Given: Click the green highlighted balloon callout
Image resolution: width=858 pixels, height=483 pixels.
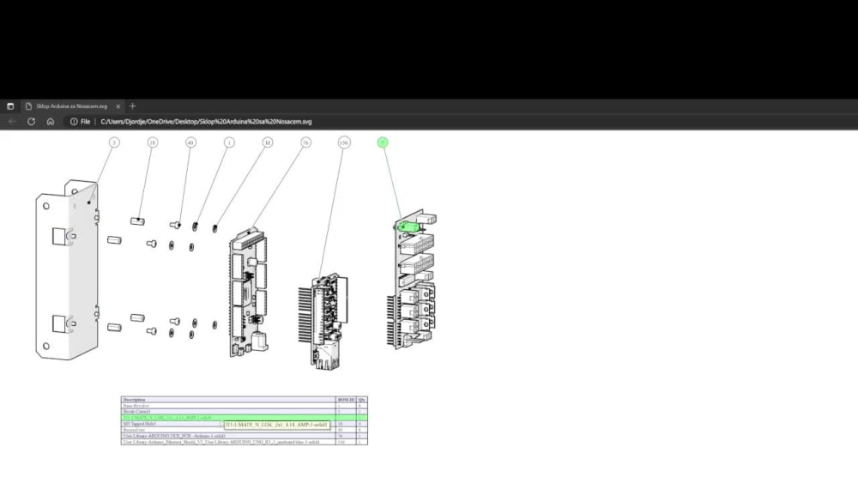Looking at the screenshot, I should click(x=383, y=142).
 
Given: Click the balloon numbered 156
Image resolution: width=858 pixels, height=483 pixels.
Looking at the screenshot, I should click(x=344, y=142).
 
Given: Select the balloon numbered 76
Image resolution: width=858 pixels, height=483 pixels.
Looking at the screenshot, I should click(x=305, y=142).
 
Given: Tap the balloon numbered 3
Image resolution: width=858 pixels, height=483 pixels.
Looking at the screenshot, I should click(x=114, y=142).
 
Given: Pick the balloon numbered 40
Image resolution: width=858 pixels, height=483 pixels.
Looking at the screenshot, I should click(x=190, y=142).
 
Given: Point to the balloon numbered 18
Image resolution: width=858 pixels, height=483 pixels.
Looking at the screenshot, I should click(x=153, y=142).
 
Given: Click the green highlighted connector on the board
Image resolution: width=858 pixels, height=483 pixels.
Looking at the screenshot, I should click(x=409, y=226).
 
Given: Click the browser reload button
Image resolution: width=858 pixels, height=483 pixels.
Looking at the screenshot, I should click(x=31, y=122).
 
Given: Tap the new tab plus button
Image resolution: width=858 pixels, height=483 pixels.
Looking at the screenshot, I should click(x=132, y=106).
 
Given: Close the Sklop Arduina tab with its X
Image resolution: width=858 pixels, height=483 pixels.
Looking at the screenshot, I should click(x=118, y=106).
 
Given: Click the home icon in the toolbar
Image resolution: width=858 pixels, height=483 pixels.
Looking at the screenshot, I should click(x=51, y=122).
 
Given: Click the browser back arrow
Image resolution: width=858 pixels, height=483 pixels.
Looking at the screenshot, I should click(x=12, y=122).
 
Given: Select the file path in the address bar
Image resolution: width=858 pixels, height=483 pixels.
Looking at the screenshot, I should click(x=206, y=122).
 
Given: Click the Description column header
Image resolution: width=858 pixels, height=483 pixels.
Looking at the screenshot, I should click(x=135, y=400).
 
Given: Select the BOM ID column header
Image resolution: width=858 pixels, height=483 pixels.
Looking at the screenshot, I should click(x=345, y=400).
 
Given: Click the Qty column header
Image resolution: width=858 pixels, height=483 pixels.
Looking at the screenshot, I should click(x=362, y=400).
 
